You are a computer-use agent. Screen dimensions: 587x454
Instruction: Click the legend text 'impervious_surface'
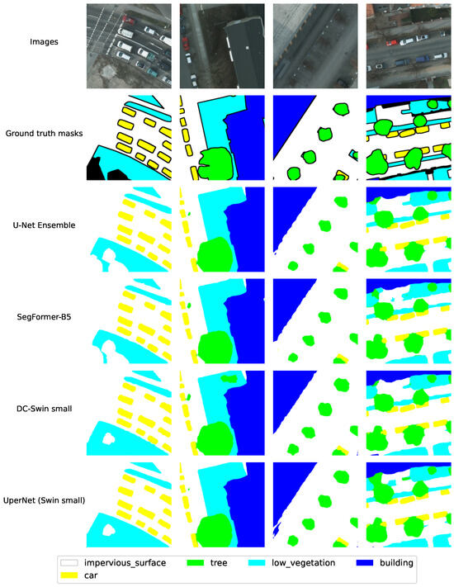point(119,562)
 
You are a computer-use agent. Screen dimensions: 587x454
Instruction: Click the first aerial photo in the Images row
point(129,45)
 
